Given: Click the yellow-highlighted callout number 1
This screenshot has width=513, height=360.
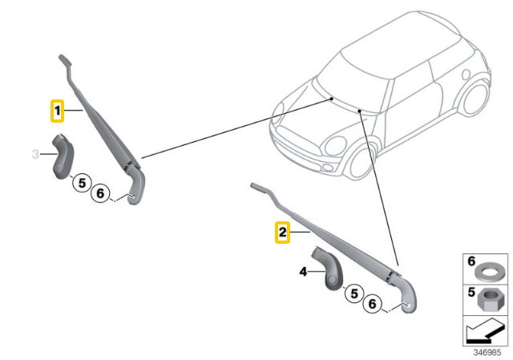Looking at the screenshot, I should pos(58,110).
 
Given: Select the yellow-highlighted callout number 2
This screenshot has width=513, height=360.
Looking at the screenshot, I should pos(282,233).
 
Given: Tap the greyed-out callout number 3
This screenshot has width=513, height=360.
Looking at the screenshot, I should pos(34,153).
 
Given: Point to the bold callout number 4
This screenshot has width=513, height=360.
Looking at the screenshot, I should pos(304,272).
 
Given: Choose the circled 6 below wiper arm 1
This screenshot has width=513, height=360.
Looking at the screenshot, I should pos(100,193).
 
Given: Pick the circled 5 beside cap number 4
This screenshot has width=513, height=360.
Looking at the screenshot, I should pos(353,294).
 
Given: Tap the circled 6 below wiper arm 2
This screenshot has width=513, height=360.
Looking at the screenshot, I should pos(372,304).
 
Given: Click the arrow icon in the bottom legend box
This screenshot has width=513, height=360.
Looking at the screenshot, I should pos(486,330).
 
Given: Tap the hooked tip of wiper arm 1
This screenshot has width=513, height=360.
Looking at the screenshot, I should pos(63,59).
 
